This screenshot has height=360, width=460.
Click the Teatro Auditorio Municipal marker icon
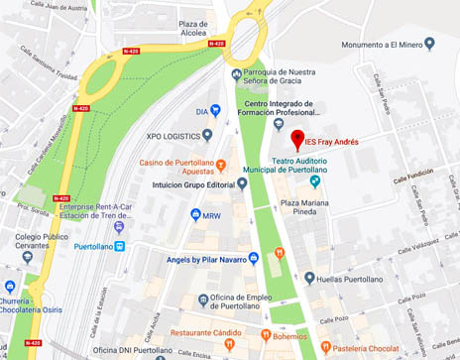[315, 180]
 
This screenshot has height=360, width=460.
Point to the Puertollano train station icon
[120, 247]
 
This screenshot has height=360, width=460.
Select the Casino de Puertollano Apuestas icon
[221, 164]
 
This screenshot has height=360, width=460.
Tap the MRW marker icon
[193, 214]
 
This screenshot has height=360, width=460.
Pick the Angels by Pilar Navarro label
[191, 258]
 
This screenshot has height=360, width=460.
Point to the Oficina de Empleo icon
[203, 299]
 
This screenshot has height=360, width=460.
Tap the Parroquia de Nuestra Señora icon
[235, 73]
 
